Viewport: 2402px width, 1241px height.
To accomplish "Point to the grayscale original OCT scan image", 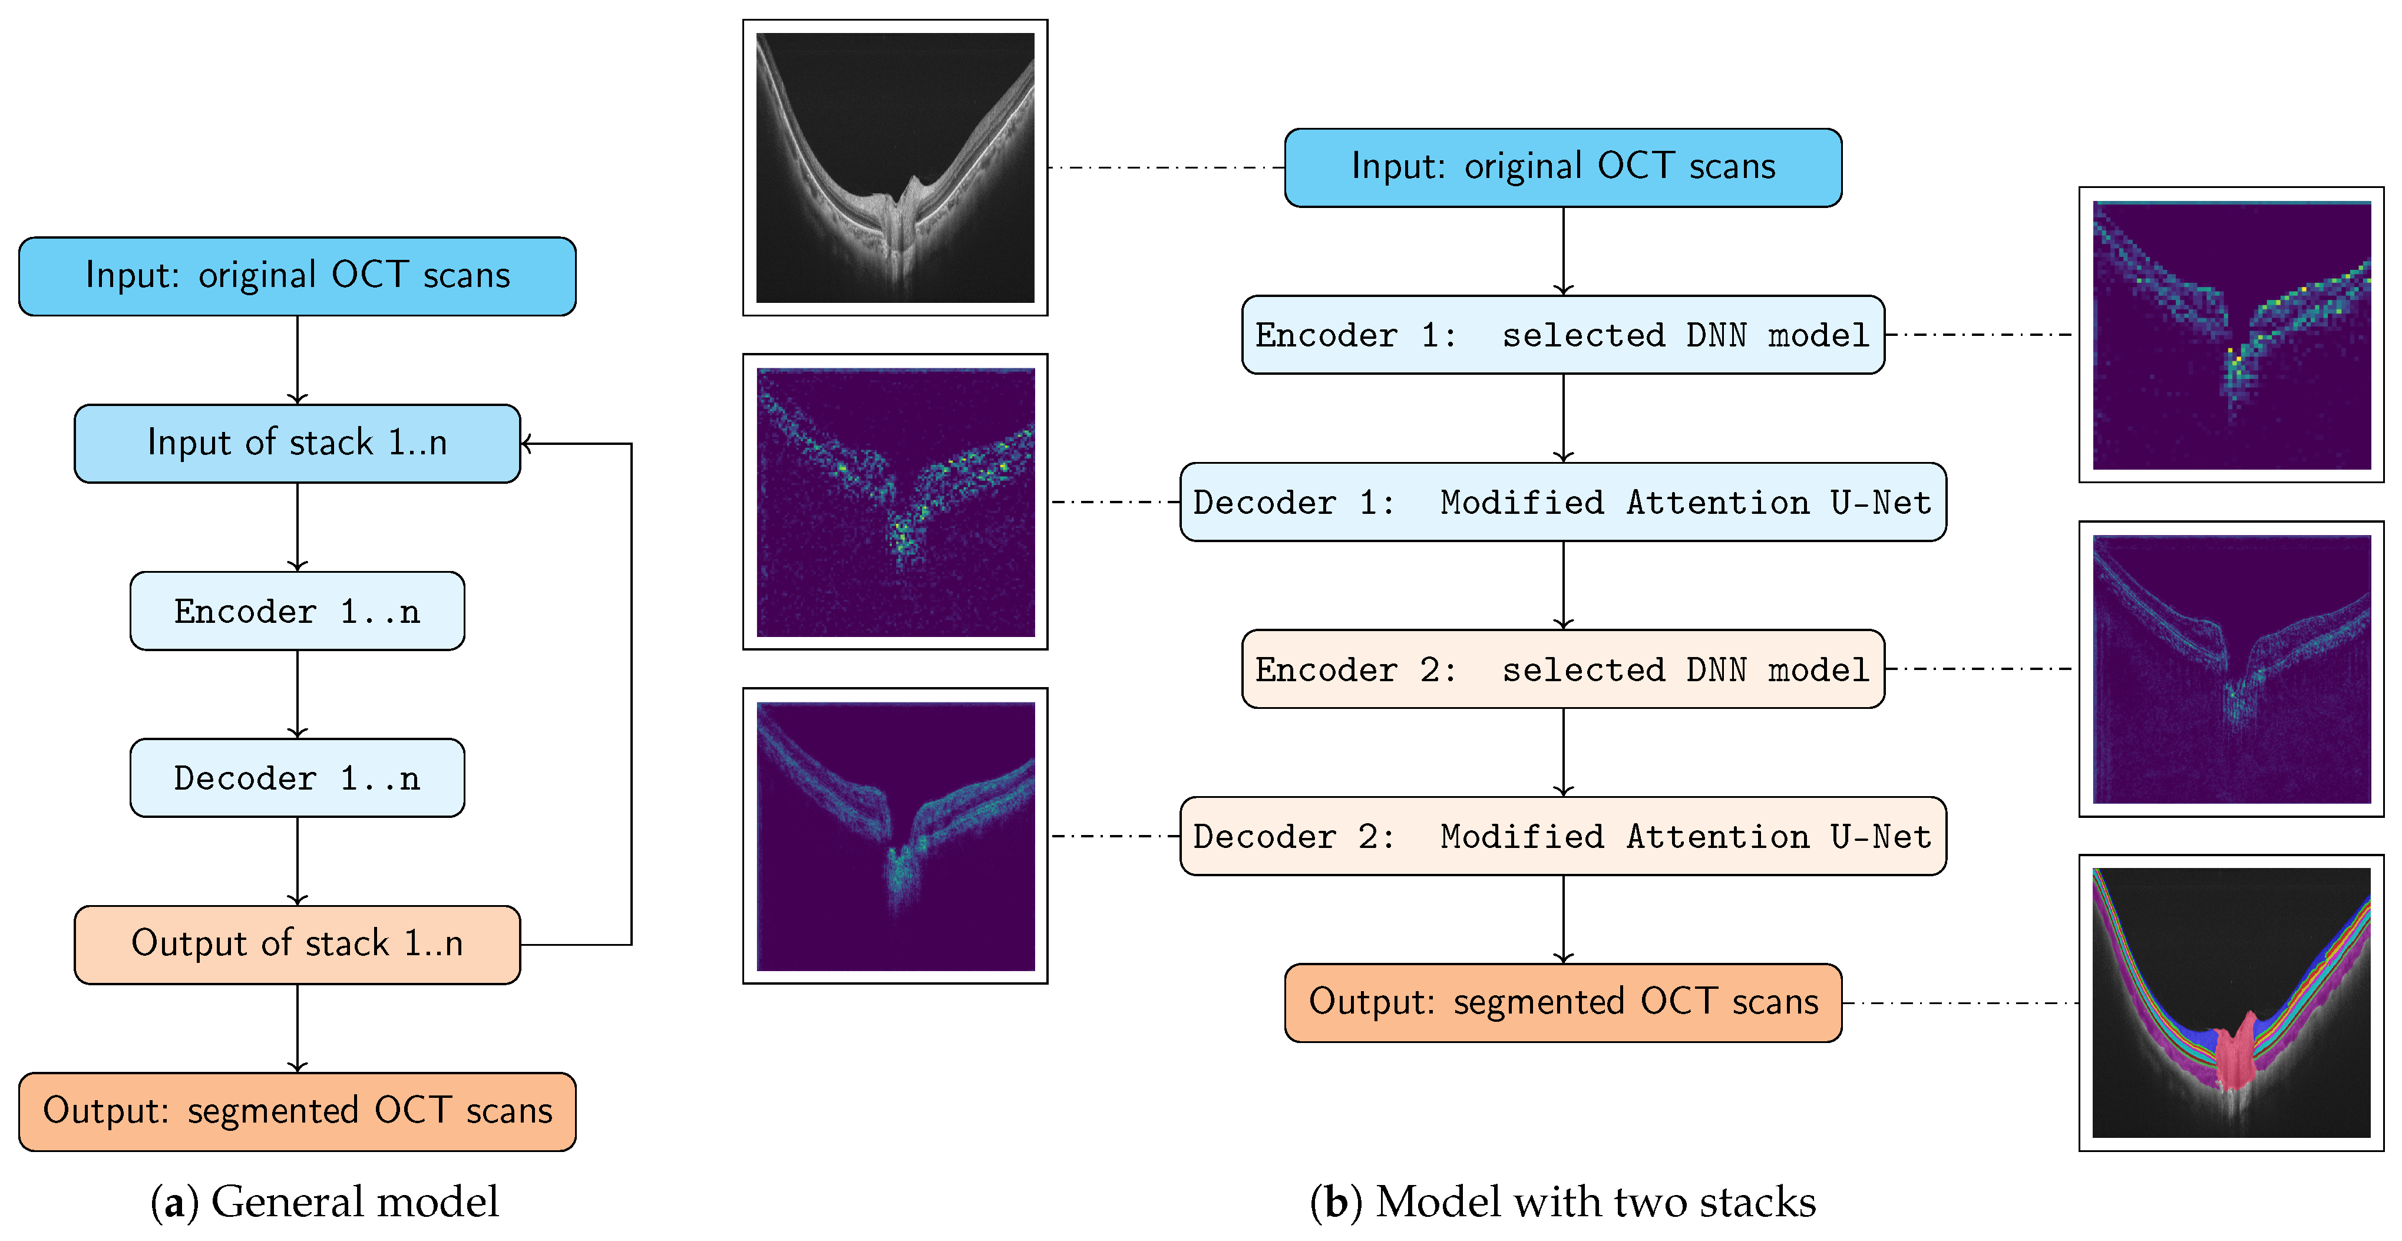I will point(894,168).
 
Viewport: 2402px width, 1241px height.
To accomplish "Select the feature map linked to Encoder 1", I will point(2231,335).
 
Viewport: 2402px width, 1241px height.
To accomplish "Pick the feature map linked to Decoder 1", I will point(894,501).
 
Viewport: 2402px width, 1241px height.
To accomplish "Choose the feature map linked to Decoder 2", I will point(894,836).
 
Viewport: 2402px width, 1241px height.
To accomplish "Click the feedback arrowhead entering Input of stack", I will point(527,444).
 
